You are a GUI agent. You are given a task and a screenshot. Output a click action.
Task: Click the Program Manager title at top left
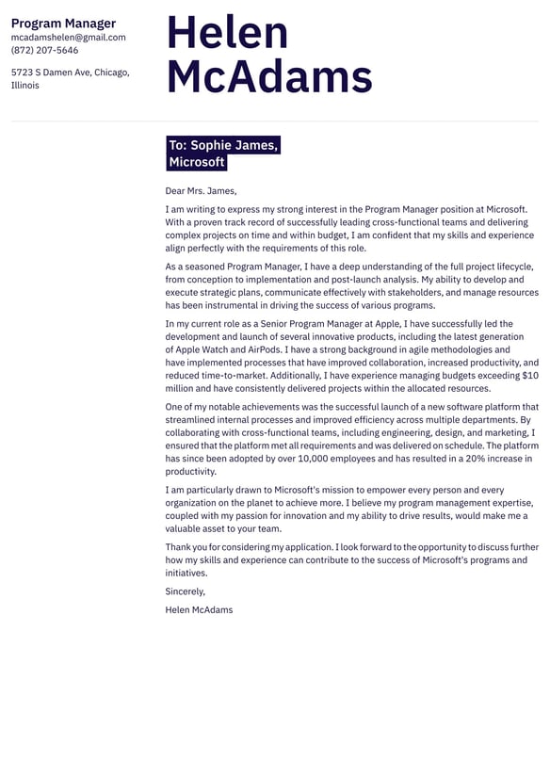63,24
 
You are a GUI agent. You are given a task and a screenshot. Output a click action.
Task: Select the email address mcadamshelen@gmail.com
68,38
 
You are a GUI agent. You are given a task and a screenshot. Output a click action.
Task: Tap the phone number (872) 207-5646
44,51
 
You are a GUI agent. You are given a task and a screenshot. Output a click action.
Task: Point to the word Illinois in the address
25,86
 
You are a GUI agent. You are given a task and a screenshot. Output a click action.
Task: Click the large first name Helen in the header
227,33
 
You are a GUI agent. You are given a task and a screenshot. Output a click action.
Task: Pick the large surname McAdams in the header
269,77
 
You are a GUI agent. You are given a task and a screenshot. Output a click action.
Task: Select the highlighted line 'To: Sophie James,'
222,145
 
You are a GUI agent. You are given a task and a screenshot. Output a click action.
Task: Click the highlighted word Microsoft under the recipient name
197,162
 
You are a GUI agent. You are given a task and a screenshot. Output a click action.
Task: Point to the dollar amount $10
529,376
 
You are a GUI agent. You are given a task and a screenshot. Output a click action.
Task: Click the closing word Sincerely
185,591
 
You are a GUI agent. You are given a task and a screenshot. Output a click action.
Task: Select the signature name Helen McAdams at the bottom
199,609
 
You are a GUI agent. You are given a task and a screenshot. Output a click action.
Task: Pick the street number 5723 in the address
24,73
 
